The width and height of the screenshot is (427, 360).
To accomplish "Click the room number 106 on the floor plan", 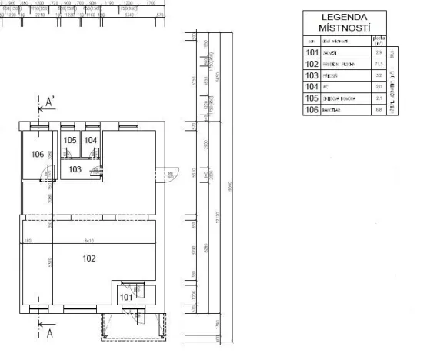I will [38, 154].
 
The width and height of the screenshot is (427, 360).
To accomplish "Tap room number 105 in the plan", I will [71, 140].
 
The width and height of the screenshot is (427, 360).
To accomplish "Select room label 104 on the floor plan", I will [91, 140].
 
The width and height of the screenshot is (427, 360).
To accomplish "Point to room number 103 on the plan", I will [75, 168].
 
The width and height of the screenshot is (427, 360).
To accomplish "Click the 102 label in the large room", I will [89, 258].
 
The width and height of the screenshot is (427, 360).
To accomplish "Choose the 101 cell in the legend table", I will [311, 52].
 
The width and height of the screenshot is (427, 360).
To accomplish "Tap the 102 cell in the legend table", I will [311, 64].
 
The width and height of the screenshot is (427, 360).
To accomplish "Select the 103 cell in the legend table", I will [311, 75].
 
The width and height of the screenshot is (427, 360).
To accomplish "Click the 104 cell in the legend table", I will [311, 87].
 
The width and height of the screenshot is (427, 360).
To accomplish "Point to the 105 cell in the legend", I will [311, 98].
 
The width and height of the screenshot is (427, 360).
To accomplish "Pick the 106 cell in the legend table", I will [311, 110].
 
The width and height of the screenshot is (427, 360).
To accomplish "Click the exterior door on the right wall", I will [170, 176].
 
